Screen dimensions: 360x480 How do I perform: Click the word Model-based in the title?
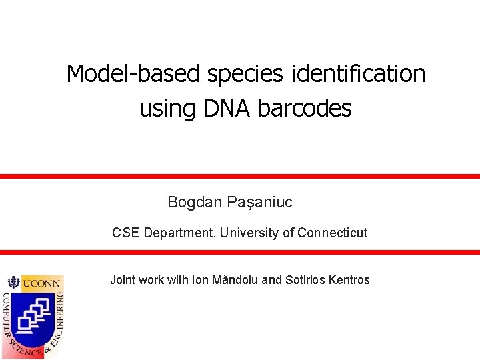point(133,74)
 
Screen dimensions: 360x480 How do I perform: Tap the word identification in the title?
point(359,74)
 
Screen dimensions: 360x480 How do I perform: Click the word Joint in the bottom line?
point(123,280)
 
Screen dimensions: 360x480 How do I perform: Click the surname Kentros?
point(349,280)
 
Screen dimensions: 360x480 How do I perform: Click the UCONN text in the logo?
point(41,283)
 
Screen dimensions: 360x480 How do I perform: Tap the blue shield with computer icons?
point(33,317)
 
